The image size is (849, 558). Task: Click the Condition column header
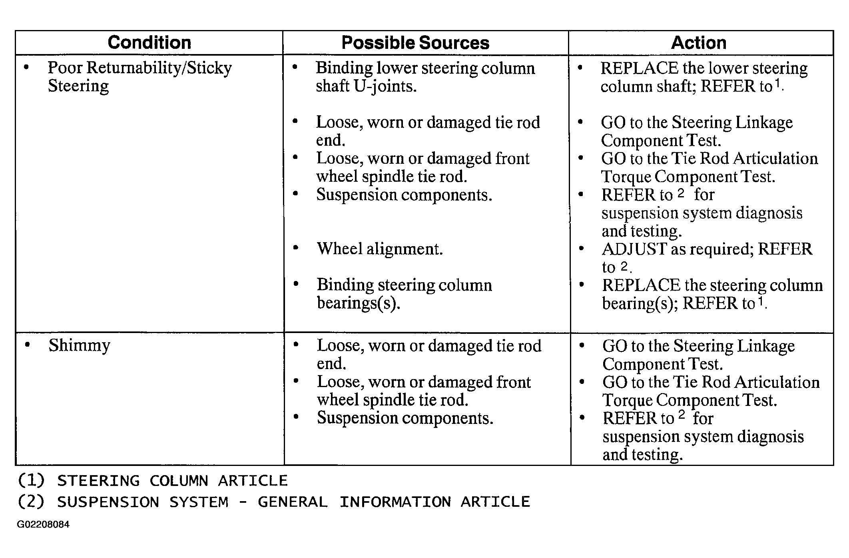[149, 42]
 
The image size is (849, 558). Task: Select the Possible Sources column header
[415, 43]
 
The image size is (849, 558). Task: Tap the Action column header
[698, 42]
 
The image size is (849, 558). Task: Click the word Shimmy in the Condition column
[79, 345]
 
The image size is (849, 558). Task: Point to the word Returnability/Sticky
[159, 68]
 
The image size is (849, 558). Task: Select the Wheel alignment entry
[380, 249]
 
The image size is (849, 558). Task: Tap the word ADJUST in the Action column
[634, 249]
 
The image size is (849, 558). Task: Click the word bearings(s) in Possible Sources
[358, 303]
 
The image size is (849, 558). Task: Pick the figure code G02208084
[43, 524]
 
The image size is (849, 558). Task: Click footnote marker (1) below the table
[31, 480]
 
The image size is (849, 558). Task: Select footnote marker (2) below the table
[31, 502]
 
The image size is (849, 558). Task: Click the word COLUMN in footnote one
[179, 481]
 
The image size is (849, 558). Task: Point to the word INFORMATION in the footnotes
[395, 502]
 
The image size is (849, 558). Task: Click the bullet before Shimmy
[27, 345]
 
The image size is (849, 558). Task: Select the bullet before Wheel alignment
[296, 248]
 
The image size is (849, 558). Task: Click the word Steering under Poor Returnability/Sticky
[78, 86]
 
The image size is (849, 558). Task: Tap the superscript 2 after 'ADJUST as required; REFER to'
[624, 266]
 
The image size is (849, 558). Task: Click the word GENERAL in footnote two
[293, 502]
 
